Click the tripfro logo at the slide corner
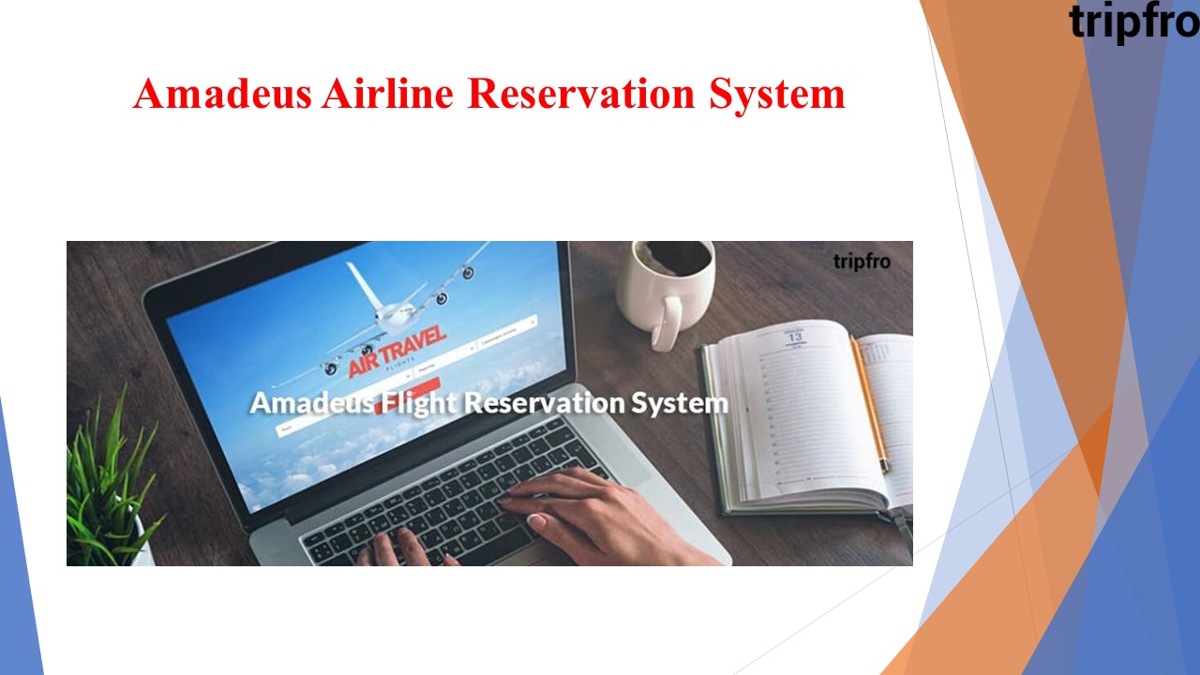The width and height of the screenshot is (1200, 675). (x=1132, y=21)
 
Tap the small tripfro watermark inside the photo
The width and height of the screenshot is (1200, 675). (x=861, y=262)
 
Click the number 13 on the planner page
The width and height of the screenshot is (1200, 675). (x=795, y=335)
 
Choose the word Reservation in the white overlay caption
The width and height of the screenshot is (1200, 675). (x=545, y=403)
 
